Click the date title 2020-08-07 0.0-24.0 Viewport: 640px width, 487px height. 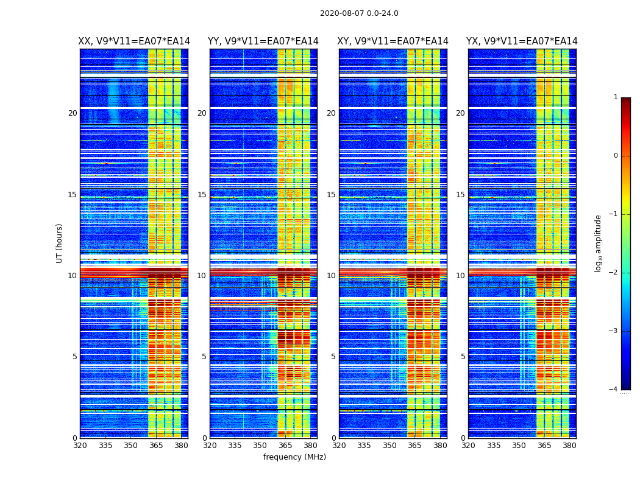[359, 13]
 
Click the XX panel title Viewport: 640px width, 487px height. [134, 41]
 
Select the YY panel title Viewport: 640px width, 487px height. [263, 41]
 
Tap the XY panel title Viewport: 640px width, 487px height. [393, 41]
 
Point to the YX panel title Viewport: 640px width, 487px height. [522, 41]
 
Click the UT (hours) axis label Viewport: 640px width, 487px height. [60, 243]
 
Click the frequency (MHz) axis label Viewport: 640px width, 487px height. [294, 457]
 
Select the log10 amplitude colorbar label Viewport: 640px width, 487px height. [599, 243]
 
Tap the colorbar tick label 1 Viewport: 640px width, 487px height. [616, 97]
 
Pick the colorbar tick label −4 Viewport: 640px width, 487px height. [614, 390]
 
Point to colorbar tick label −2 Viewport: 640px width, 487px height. [614, 273]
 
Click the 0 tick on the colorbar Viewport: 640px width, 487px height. [616, 156]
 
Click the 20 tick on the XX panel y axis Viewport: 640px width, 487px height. [73, 113]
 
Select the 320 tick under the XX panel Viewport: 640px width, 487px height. [80, 446]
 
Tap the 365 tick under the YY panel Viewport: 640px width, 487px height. [285, 446]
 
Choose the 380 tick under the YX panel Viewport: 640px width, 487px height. [569, 446]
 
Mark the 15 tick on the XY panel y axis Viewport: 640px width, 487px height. [331, 195]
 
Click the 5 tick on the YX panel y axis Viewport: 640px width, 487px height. [463, 357]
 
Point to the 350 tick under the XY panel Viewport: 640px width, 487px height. [389, 446]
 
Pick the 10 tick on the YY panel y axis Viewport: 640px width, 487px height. [202, 276]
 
